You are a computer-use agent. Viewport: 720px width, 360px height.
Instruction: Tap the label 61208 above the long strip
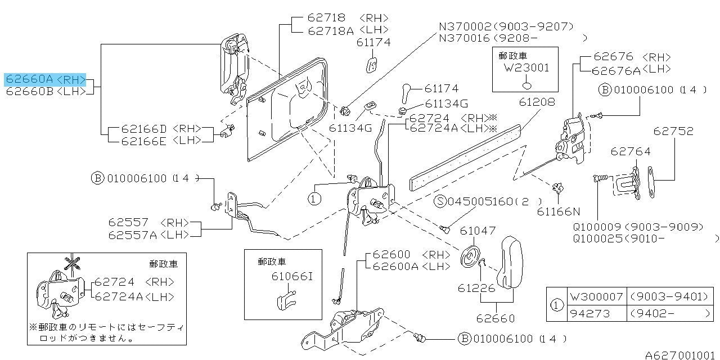pyautogui.click(x=537, y=102)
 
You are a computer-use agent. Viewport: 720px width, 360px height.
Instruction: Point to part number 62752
pyautogui.click(x=673, y=131)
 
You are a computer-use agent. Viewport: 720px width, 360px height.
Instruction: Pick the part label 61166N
pyautogui.click(x=558, y=211)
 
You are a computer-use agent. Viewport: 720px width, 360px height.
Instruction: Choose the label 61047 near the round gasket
pyautogui.click(x=478, y=230)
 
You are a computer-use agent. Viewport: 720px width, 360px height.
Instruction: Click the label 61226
pyautogui.click(x=476, y=288)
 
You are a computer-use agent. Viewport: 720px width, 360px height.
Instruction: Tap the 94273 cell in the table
pyautogui.click(x=590, y=313)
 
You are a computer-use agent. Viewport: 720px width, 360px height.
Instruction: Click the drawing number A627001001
pyautogui.click(x=681, y=355)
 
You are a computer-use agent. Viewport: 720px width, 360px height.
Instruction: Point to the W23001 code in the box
pyautogui.click(x=527, y=67)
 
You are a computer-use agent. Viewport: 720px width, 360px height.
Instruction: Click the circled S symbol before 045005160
pyautogui.click(x=442, y=201)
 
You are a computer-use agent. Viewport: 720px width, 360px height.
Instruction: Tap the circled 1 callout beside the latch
pyautogui.click(x=313, y=198)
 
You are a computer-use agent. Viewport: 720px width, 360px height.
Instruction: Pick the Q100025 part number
pyautogui.click(x=597, y=238)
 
